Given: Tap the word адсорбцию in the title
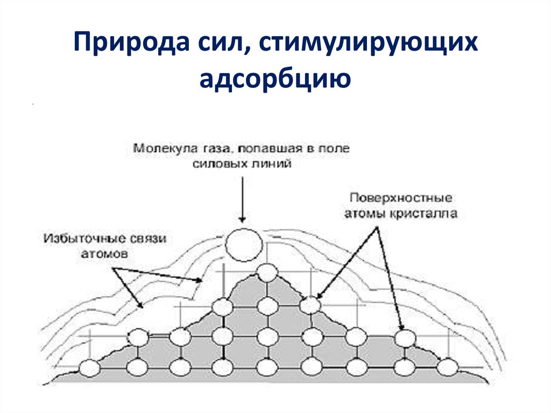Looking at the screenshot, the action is [x=275, y=78].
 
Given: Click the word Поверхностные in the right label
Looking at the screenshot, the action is [x=401, y=198].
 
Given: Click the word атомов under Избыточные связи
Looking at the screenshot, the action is [x=104, y=254].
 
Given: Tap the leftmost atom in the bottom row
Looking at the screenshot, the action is [x=90, y=368].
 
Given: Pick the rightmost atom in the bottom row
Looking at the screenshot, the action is [x=447, y=367].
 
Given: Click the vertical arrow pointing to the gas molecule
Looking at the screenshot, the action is [x=242, y=199].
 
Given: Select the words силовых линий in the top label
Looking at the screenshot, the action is [x=242, y=164].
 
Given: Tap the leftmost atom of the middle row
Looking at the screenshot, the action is [x=138, y=338].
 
